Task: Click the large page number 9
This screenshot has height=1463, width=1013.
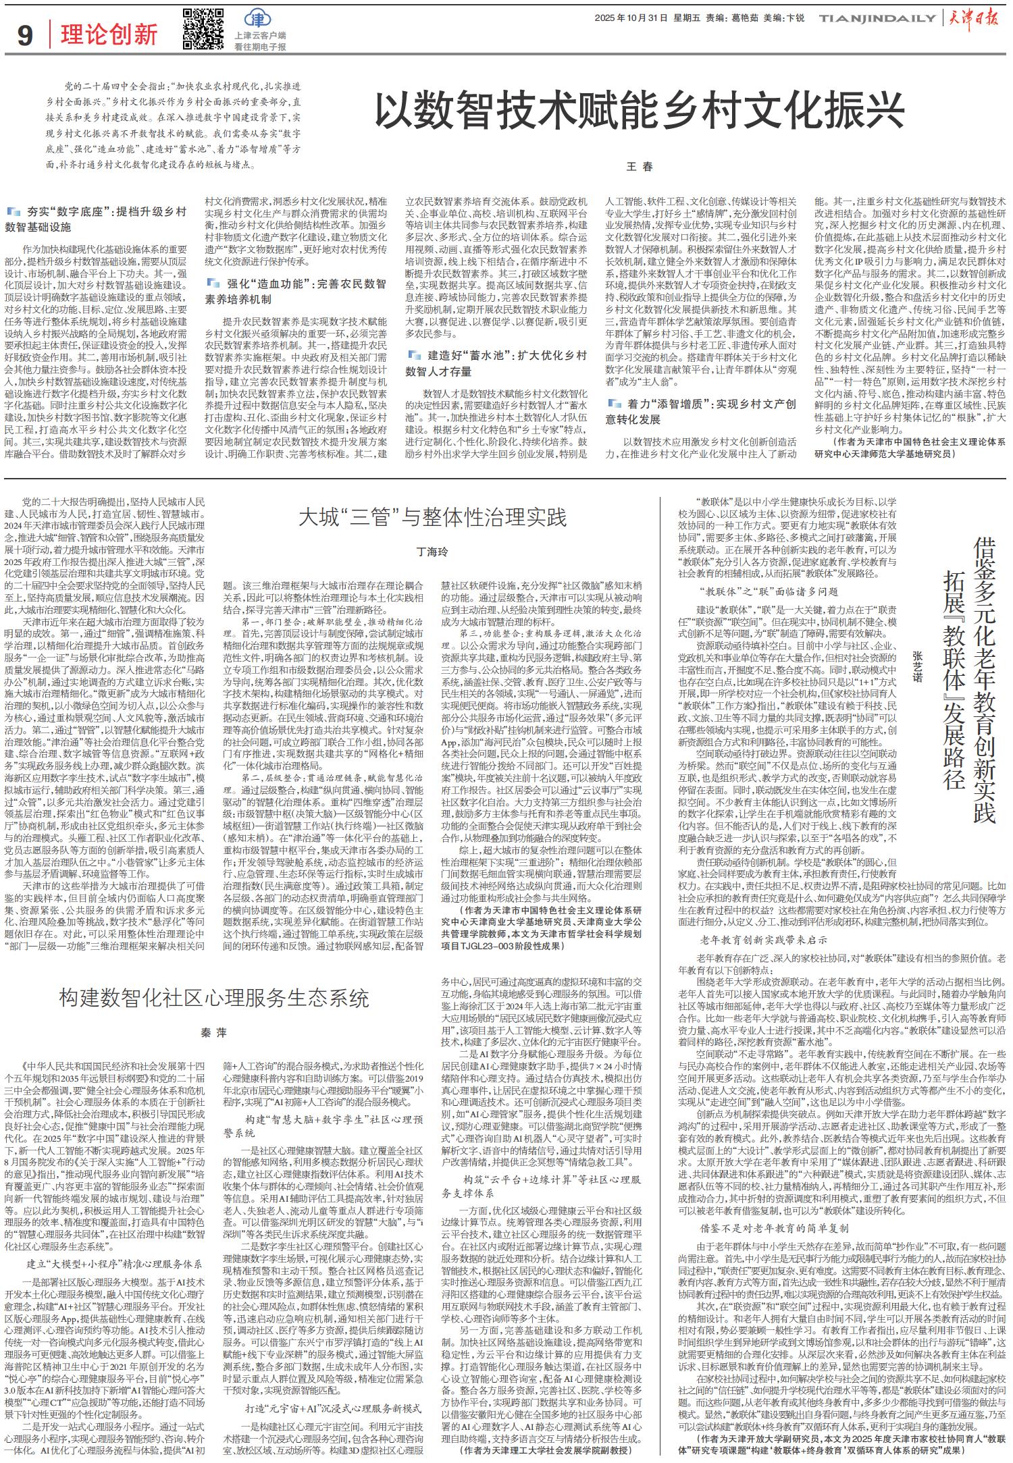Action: (x=25, y=35)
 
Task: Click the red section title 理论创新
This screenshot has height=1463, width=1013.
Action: (x=109, y=35)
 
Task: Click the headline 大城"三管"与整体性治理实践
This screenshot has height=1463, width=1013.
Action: (x=433, y=518)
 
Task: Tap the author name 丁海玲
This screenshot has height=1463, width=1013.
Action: (x=432, y=552)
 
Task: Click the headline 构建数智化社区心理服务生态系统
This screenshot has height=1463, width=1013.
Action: (x=213, y=998)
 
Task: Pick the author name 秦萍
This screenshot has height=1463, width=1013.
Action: (x=213, y=1034)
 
